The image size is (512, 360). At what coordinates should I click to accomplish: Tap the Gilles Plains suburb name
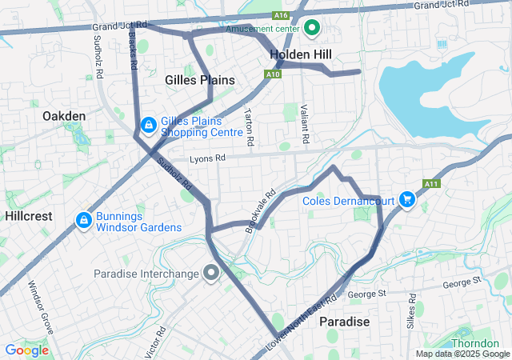point(200,80)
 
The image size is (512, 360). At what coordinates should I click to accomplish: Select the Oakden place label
point(63,116)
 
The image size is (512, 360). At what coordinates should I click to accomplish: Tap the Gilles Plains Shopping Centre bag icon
point(148,126)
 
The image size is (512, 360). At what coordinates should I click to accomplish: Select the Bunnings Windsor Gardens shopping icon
point(83,219)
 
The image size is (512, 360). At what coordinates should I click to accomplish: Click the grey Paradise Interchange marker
point(211,274)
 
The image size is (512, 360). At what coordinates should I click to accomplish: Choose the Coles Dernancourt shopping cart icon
point(406,199)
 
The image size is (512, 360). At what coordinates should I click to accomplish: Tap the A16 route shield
point(280,15)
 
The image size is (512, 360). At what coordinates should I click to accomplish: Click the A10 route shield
point(274,74)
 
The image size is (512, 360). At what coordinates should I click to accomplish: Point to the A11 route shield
point(432,183)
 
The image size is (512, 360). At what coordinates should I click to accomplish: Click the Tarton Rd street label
point(250,126)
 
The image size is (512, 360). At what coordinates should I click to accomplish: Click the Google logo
point(26,350)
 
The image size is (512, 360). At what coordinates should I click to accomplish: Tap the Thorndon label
point(475,343)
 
